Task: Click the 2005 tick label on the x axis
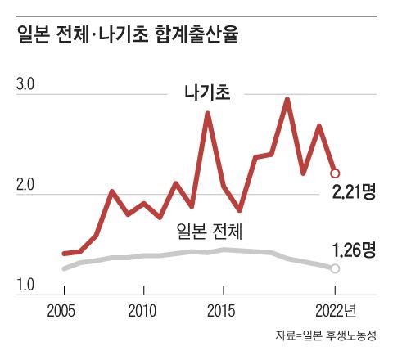point(64,310)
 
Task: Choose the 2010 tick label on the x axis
point(143,310)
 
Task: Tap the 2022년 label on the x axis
point(337,310)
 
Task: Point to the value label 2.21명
point(354,193)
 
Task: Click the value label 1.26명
point(354,250)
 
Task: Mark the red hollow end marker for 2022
point(334,173)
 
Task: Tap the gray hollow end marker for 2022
point(334,268)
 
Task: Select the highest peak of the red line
point(287,99)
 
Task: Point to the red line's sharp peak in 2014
point(207,113)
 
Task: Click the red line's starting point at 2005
point(64,254)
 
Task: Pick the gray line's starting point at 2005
point(64,268)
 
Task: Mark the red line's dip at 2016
point(239,210)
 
